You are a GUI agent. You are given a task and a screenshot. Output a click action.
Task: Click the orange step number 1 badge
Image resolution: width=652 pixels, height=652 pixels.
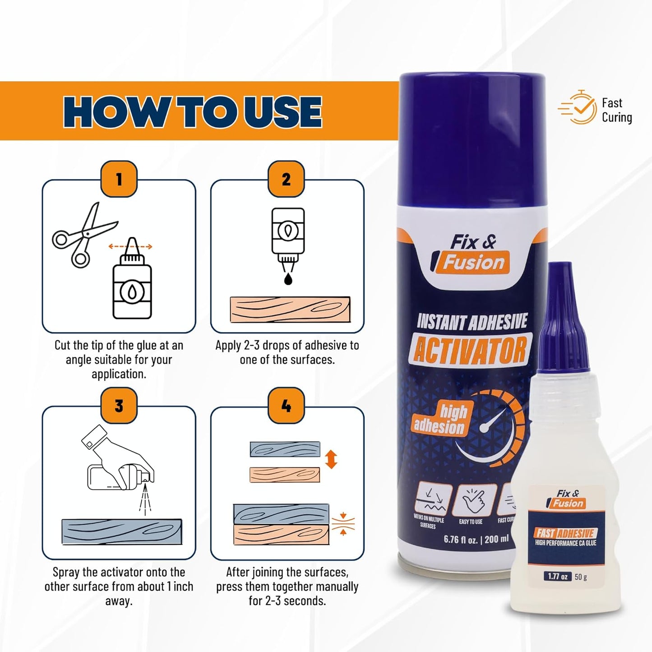point(119,179)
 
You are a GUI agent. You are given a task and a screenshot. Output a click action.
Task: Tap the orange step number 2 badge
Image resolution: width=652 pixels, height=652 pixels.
point(287,179)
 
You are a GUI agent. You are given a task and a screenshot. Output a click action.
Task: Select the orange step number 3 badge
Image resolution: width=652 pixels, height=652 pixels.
point(119,406)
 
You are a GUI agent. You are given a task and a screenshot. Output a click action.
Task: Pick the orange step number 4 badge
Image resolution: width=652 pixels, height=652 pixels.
point(287,406)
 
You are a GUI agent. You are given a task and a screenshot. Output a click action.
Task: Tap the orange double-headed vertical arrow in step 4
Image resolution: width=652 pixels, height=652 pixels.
point(331,460)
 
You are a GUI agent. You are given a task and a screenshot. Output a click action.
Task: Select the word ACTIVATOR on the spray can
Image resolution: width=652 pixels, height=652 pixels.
point(470,351)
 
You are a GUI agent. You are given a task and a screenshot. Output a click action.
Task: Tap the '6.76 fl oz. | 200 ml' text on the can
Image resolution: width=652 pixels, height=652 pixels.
point(476,539)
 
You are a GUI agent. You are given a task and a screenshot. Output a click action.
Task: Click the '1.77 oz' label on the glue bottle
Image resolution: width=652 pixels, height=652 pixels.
point(558,576)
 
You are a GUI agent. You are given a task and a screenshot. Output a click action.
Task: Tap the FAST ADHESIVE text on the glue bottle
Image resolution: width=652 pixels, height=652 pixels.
point(566,533)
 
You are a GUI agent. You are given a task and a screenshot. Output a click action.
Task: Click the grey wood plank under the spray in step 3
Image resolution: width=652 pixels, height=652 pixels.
point(122,532)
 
